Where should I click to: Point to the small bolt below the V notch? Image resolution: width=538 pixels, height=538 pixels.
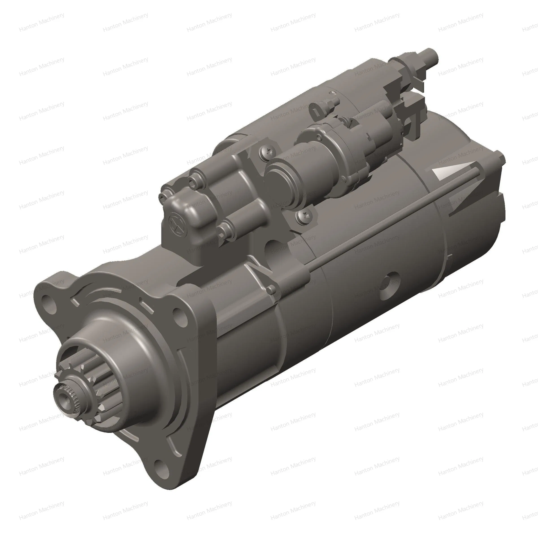[271, 289]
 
